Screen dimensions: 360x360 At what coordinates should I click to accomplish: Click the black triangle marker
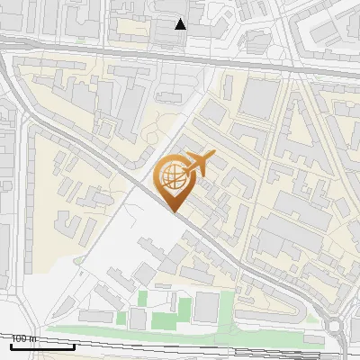click(181, 24)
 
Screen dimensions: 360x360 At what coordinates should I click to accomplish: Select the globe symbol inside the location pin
click(173, 177)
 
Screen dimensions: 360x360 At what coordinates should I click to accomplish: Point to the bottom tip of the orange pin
click(174, 211)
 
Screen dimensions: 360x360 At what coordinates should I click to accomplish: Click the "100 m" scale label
click(23, 338)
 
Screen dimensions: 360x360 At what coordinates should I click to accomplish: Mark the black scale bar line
click(41, 346)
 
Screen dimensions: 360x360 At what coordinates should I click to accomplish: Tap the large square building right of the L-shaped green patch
click(207, 308)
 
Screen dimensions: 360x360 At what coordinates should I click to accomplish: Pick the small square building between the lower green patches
click(138, 319)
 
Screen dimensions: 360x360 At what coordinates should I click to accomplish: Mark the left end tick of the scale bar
click(11, 346)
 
